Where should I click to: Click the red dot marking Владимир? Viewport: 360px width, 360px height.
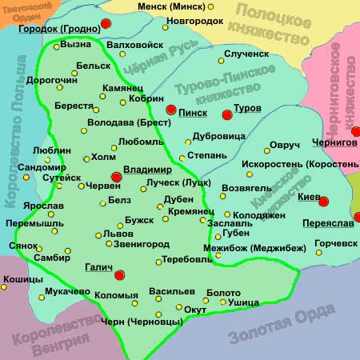point(116,177)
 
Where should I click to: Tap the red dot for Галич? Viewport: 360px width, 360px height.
point(120,275)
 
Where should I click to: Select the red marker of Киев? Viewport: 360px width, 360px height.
point(324,200)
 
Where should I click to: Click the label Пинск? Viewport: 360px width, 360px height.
point(193,113)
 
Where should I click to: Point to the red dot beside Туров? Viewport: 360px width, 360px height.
point(226,115)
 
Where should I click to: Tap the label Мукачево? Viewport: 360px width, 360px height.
point(58,292)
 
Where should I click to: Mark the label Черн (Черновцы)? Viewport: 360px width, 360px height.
point(140,322)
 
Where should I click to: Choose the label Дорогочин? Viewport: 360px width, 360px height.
point(54,80)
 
